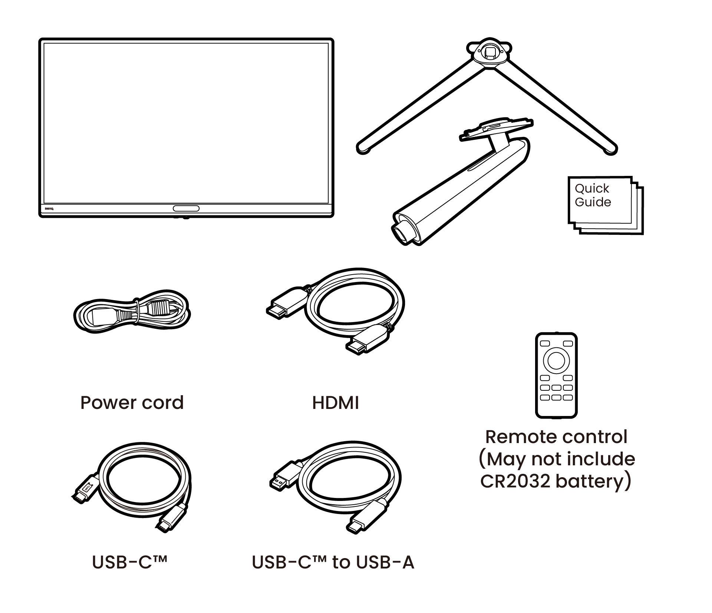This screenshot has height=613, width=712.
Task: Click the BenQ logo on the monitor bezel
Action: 49,209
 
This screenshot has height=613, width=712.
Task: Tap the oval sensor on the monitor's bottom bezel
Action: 186,208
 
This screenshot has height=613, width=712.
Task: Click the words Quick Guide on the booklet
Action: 593,195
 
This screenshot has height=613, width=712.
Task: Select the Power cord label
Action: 132,403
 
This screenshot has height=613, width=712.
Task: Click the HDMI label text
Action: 336,403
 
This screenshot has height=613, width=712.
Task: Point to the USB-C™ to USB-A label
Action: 333,563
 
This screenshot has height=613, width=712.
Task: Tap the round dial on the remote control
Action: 556,360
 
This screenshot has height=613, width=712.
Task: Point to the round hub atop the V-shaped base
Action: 489,53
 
